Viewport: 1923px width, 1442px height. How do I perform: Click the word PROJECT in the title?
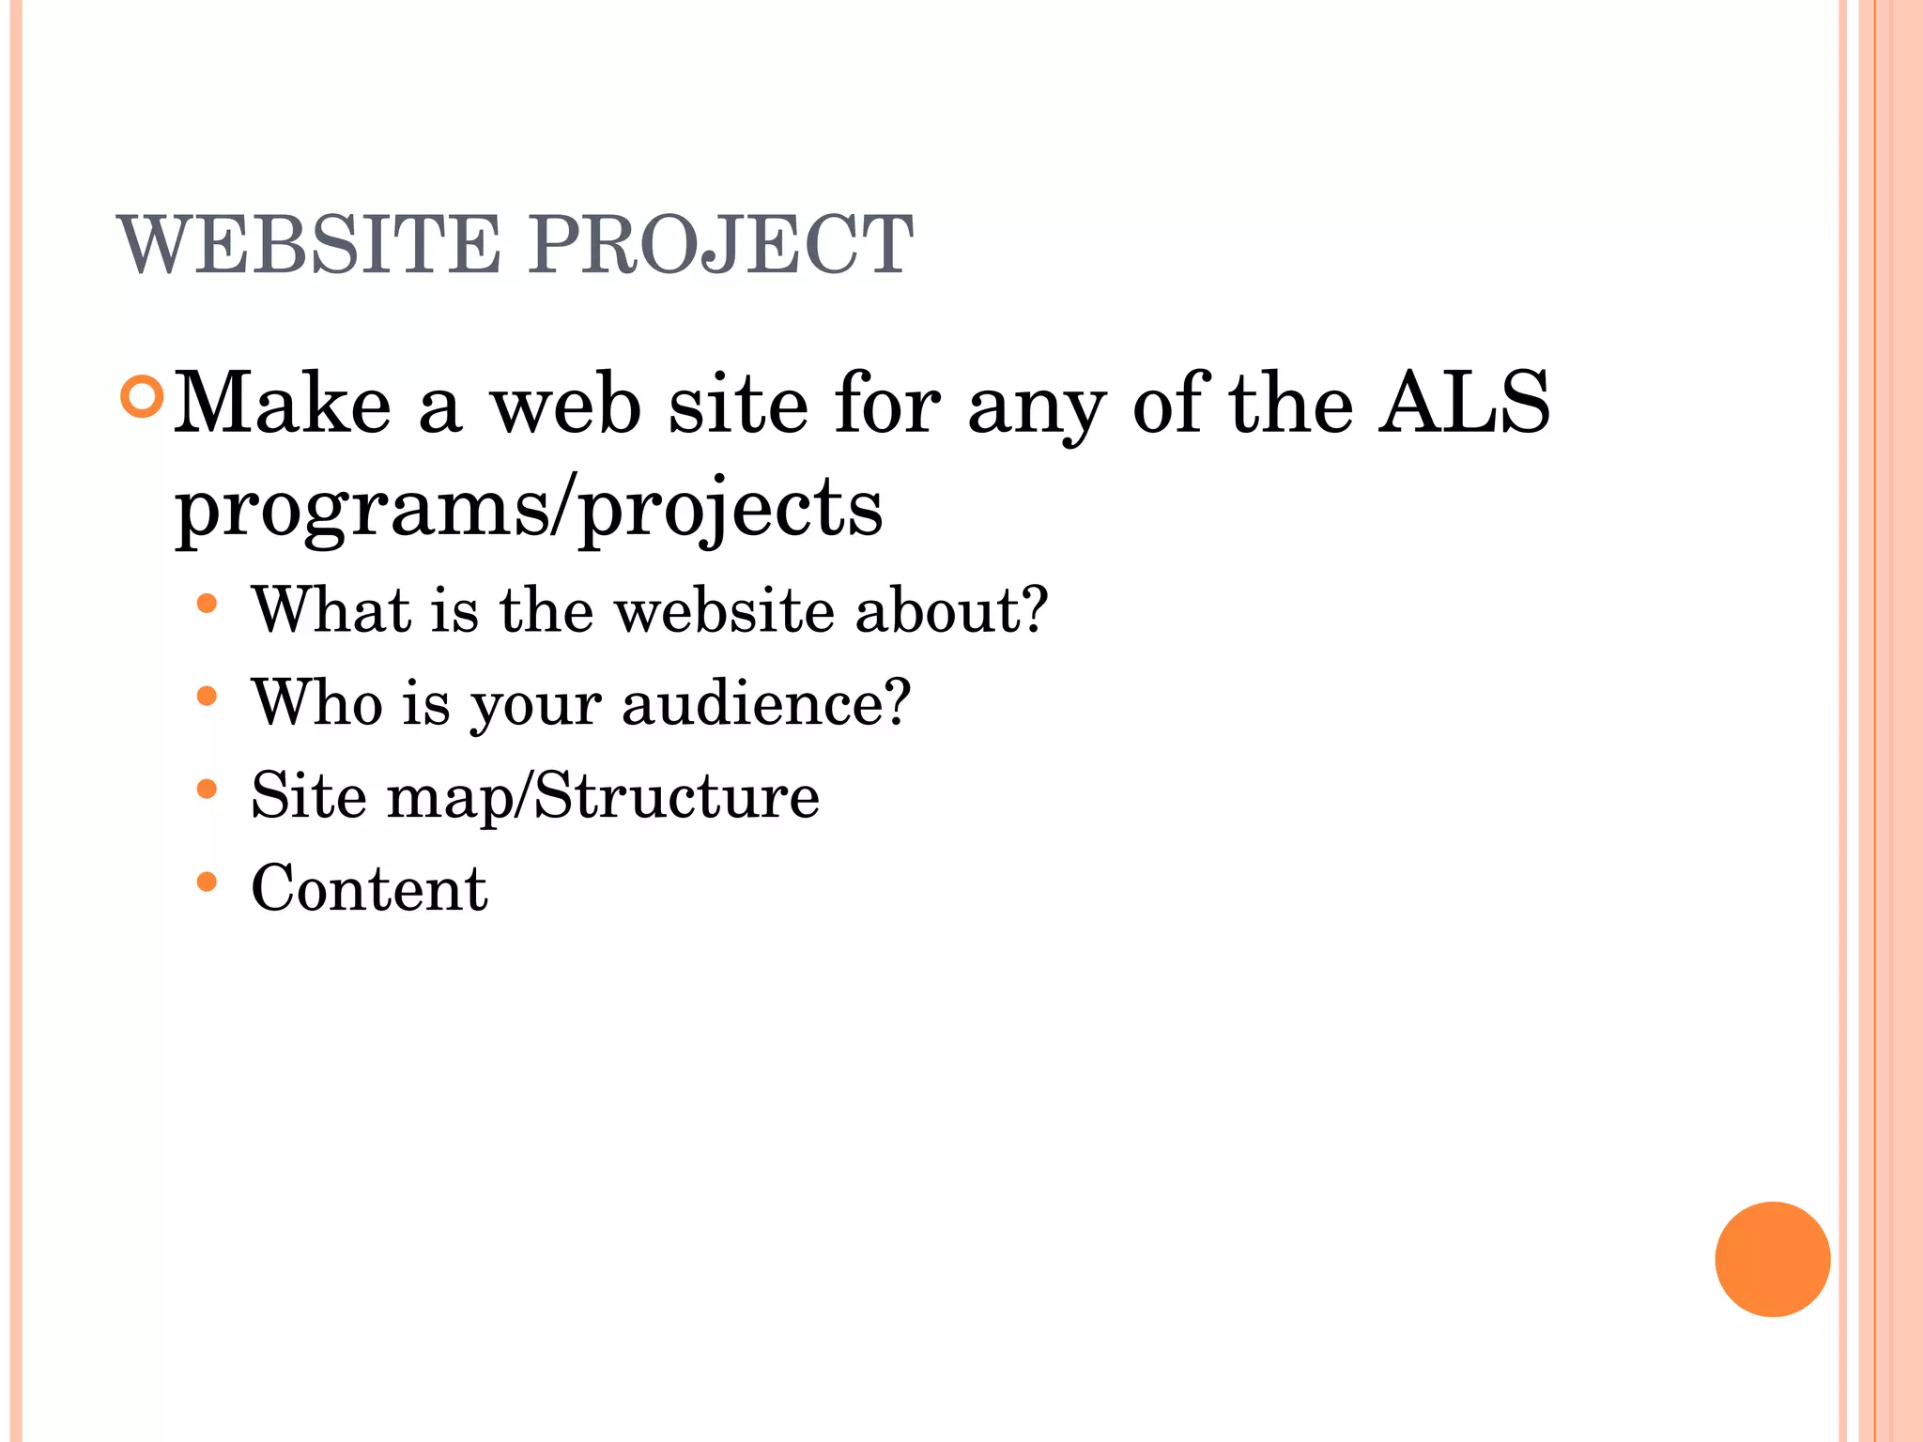pos(720,245)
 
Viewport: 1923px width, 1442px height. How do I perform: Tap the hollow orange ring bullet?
pos(143,397)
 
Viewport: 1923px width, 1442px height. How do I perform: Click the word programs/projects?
pos(529,510)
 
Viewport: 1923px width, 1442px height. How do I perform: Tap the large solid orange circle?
pos(1772,1259)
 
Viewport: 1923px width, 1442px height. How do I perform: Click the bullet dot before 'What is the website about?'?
pos(208,604)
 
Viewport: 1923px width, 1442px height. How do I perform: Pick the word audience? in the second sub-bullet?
pos(766,702)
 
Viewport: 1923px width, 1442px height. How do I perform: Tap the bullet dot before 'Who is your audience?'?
pos(208,697)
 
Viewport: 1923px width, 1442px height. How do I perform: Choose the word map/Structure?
pos(603,796)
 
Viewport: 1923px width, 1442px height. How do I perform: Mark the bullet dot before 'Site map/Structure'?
pos(208,790)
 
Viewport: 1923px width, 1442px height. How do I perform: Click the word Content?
pos(369,888)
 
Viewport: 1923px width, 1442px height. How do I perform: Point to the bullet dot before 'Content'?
pos(208,882)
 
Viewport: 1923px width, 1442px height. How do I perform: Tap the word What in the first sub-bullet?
pos(331,610)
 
